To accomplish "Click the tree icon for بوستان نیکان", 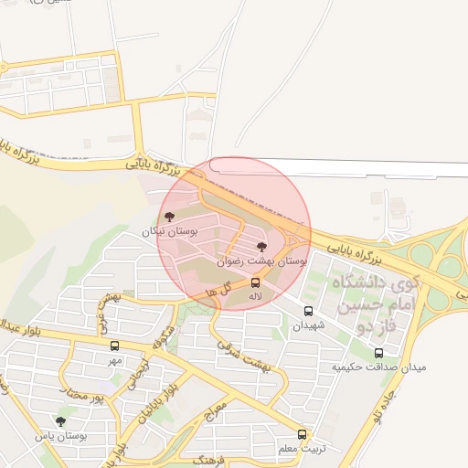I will click(168, 217).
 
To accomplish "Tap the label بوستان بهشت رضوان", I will click(261, 261).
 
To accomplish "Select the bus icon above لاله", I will click(255, 282).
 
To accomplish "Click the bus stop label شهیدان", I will click(307, 324).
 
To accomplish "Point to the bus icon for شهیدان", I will click(307, 311).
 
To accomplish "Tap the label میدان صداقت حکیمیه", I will click(378, 367).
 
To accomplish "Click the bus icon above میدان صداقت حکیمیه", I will click(378, 353).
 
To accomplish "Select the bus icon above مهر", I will click(114, 346).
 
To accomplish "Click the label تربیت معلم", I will click(302, 448).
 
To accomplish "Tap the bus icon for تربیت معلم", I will click(302, 434).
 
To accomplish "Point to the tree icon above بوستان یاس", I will click(60, 421).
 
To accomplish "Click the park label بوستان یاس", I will click(60, 436).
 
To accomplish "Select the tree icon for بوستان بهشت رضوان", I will click(262, 247).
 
